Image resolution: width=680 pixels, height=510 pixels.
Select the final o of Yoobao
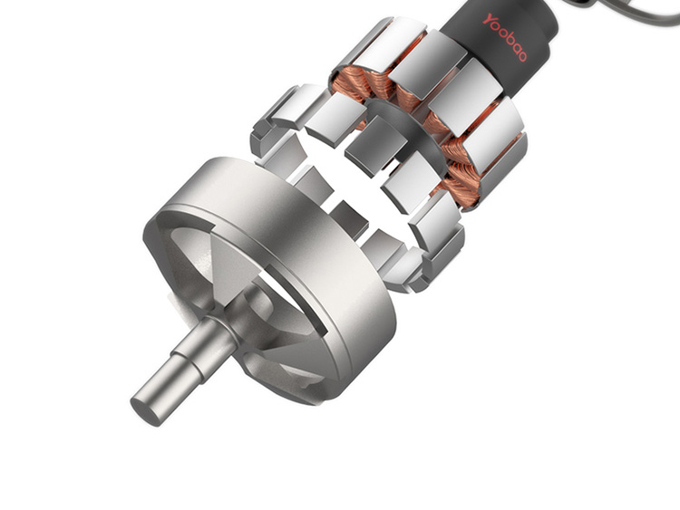(521, 55)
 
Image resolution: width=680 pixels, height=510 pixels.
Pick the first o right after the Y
(497, 27)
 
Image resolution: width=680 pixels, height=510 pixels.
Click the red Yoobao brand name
(505, 37)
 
